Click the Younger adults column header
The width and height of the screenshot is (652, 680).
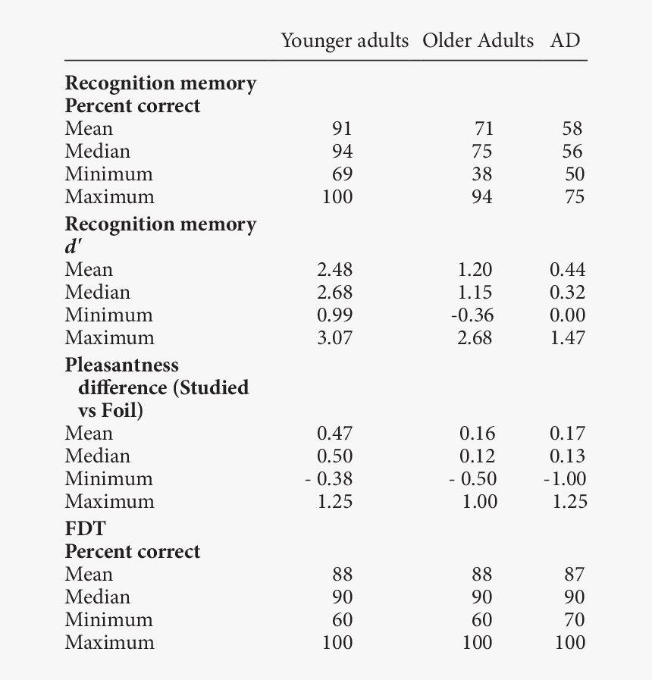click(345, 40)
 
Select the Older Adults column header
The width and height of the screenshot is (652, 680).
click(478, 40)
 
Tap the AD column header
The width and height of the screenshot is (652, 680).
click(566, 40)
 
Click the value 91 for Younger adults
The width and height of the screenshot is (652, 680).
click(342, 129)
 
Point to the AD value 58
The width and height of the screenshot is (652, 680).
click(572, 129)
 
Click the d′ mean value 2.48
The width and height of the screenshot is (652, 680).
click(334, 270)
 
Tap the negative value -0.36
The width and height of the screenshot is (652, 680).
click(472, 315)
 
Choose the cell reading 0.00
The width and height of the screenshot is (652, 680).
click(567, 315)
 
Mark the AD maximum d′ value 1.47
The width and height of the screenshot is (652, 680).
click(567, 338)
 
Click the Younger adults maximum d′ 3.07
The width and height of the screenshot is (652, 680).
click(334, 338)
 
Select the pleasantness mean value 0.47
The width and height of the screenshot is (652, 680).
click(334, 434)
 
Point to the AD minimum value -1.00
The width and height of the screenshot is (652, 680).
click(565, 479)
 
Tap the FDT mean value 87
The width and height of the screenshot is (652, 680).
click(572, 575)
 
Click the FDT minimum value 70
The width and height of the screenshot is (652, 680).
click(572, 620)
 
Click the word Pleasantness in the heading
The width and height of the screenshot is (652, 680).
click(122, 365)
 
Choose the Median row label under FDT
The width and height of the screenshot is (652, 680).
click(97, 597)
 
